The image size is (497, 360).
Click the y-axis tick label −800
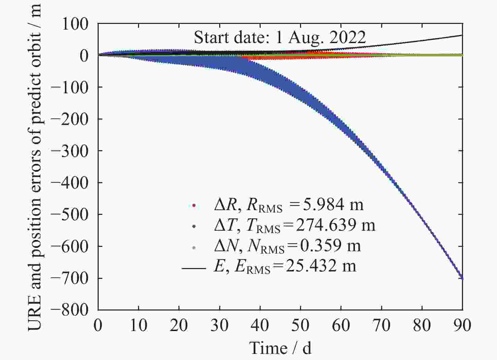[69, 309]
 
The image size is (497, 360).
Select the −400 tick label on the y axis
[69, 183]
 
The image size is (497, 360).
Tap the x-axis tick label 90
[462, 325]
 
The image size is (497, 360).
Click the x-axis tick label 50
[300, 325]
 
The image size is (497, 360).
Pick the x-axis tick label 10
[138, 325]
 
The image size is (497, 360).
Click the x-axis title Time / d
[280, 348]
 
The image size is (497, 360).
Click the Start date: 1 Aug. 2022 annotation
[280, 37]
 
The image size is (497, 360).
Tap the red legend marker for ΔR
[194, 205]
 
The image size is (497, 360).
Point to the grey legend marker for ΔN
[194, 248]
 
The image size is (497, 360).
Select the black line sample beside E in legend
[194, 268]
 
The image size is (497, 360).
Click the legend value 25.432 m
[321, 266]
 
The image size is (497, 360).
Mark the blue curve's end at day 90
[462, 279]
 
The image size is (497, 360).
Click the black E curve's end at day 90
[461, 35]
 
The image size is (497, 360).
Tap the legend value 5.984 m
[333, 204]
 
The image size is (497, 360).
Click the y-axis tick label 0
[84, 56]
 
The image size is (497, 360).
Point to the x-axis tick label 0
[98, 325]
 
